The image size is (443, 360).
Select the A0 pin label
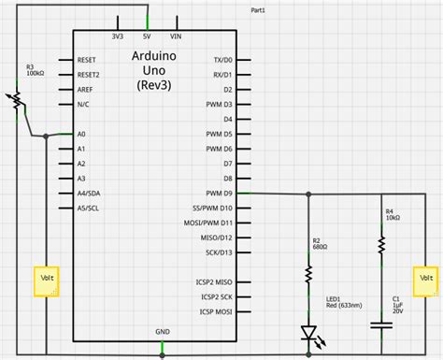(81, 135)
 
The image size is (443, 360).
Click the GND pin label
(163, 331)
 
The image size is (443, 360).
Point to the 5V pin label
(146, 36)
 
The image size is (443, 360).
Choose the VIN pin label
(175, 36)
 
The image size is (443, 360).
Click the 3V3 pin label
(117, 36)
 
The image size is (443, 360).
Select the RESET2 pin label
(88, 74)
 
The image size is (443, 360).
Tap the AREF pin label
(85, 89)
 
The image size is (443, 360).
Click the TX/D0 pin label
(222, 59)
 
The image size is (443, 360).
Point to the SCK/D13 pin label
(218, 252)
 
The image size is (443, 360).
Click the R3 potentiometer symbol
(15, 100)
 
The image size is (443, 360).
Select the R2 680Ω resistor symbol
(307, 274)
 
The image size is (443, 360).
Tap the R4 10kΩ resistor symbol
(381, 244)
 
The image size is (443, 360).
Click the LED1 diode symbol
(307, 332)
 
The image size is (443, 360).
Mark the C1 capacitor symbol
(381, 324)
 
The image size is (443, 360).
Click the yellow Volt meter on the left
(45, 281)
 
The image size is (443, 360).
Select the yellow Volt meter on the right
(425, 280)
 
